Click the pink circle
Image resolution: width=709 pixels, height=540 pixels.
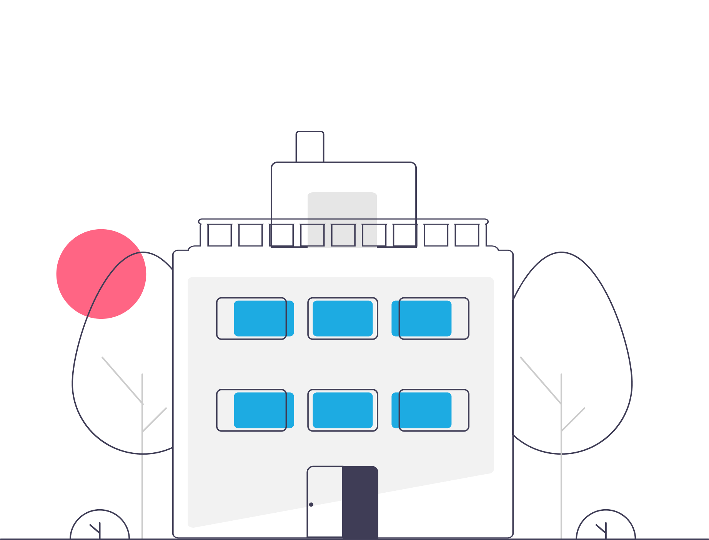point(101,274)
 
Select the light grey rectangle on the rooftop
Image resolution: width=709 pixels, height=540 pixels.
point(342,208)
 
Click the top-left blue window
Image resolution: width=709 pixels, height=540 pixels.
point(264,318)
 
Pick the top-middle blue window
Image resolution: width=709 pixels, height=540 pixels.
point(343,318)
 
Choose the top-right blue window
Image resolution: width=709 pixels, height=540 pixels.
point(421,318)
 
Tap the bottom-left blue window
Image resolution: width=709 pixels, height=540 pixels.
point(264,410)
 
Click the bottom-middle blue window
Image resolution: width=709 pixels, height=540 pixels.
point(343,410)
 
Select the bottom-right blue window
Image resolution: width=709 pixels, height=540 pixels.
point(421,410)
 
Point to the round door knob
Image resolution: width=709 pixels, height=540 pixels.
point(311,505)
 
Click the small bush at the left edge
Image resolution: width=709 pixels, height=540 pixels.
point(100,525)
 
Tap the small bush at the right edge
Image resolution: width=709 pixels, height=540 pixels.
point(606,525)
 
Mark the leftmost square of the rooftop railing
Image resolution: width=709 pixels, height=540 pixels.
point(220,235)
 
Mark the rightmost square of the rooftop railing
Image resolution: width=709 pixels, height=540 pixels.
point(467,235)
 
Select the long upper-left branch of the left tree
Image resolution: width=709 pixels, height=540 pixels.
point(122,380)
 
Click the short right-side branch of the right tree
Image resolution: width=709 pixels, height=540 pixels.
point(573,419)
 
